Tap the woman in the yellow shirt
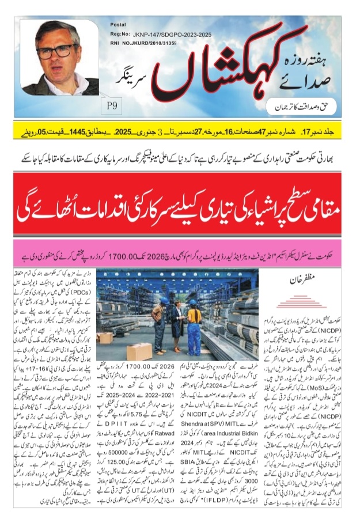click(x=195, y=328)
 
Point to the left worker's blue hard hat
click(x=164, y=301)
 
